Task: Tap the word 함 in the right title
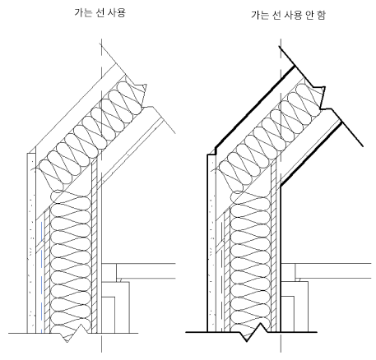(x=321, y=15)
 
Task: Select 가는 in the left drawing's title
(x=83, y=12)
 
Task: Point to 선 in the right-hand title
(x=276, y=15)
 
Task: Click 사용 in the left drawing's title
(x=117, y=12)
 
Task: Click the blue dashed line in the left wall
(x=42, y=277)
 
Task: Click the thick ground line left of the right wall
(x=196, y=332)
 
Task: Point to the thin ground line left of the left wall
(x=18, y=333)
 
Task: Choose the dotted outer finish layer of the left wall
(x=31, y=243)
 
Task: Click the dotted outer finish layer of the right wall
(x=211, y=243)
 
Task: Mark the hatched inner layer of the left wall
(x=94, y=247)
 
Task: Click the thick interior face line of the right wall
(x=281, y=259)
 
